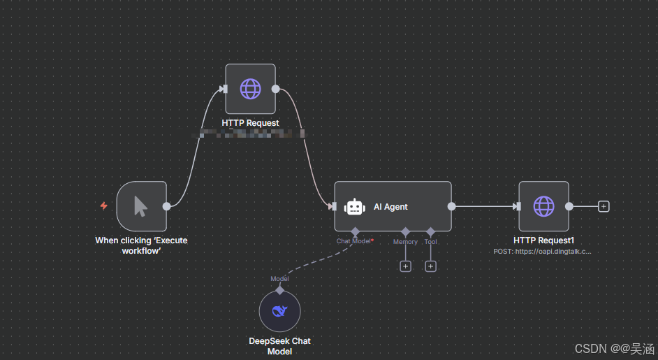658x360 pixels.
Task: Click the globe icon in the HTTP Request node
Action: (x=250, y=89)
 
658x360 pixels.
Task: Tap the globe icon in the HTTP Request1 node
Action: (x=543, y=206)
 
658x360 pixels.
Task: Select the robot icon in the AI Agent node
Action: (x=355, y=206)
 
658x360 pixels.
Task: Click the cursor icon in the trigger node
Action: (x=141, y=206)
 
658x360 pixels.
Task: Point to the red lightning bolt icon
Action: (x=104, y=206)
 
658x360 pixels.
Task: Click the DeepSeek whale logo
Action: (x=279, y=312)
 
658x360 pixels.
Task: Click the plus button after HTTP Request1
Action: (x=604, y=206)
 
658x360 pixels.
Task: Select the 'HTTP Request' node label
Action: (x=250, y=123)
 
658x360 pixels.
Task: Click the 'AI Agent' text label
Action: (x=390, y=207)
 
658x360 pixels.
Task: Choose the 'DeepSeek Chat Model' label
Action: (x=279, y=346)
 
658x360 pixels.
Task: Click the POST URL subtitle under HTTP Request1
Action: (x=543, y=250)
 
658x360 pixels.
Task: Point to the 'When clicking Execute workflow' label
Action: (x=141, y=245)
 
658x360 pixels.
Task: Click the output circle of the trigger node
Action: (x=166, y=206)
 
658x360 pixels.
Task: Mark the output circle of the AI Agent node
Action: (x=451, y=206)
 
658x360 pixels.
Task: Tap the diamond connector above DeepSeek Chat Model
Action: (x=279, y=289)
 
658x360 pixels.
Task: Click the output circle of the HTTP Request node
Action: (x=275, y=89)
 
